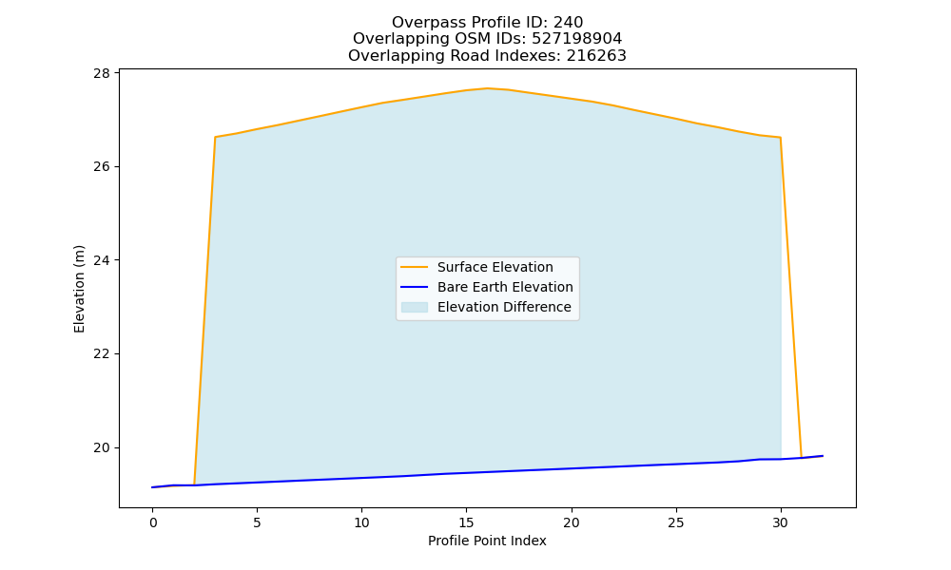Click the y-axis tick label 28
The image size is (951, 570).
[x=102, y=73]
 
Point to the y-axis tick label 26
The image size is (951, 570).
[x=102, y=166]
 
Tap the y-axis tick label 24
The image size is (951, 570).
[x=102, y=260]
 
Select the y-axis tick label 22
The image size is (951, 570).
[x=102, y=353]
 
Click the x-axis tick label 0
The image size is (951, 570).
[x=152, y=522]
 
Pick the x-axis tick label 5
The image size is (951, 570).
[x=257, y=522]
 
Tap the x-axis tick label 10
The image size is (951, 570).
[x=361, y=522]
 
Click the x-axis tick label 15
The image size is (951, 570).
[x=466, y=522]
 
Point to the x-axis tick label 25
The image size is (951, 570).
[x=675, y=522]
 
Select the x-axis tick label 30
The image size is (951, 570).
[x=781, y=522]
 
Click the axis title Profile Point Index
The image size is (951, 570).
[x=487, y=541]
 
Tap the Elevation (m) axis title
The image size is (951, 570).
[x=80, y=289]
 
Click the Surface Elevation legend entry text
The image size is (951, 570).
[x=495, y=267]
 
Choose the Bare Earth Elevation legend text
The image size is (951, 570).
[x=505, y=287]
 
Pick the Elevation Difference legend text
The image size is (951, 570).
[x=504, y=307]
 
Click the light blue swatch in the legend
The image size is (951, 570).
[x=415, y=307]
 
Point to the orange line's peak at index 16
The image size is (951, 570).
[x=487, y=88]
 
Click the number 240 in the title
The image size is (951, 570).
[x=569, y=23]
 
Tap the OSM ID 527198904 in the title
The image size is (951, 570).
[x=577, y=39]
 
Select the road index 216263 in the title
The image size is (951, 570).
[x=596, y=56]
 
